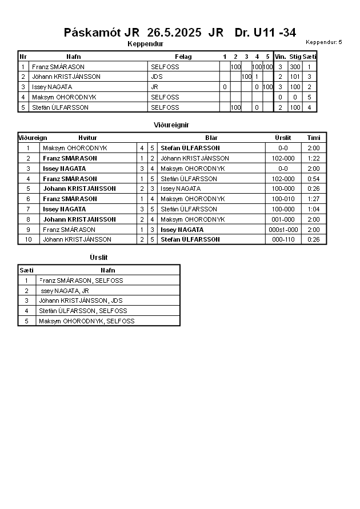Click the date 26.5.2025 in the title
point(174,33)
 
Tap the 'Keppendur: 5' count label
point(323,42)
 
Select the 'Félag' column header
point(183,57)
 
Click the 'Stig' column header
point(295,57)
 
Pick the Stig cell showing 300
point(295,67)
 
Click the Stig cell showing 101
point(295,77)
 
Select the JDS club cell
point(157,77)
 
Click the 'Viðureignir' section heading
point(171,125)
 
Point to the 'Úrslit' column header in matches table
point(283,138)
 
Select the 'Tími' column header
point(314,138)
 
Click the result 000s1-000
point(283,230)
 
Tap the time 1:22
point(314,158)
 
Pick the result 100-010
point(283,199)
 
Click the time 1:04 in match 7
point(314,209)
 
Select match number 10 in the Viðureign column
point(27,239)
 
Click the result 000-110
point(283,239)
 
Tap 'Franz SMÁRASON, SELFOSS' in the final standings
point(81,280)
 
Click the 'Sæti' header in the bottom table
point(26,270)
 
